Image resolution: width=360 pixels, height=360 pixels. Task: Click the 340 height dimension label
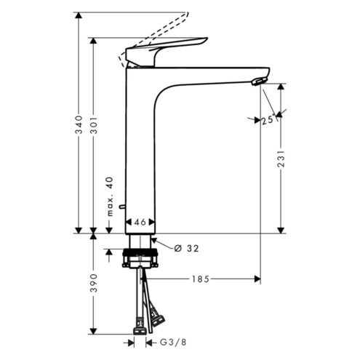pos(79,124)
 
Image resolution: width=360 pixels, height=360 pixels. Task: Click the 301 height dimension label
pos(94,125)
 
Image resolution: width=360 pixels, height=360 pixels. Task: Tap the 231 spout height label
pos(281,159)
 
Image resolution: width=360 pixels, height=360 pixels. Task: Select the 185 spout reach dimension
pos(200,279)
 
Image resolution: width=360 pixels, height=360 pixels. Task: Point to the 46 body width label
pos(140,222)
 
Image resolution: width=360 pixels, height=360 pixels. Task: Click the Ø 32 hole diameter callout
pos(186,248)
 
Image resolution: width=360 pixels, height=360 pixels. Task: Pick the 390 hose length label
pos(94,283)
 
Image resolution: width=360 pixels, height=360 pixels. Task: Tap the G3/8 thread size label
pos(173,343)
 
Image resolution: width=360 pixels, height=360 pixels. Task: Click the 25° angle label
pos(268,120)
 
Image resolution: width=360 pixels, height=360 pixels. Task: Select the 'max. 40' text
pos(110,196)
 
